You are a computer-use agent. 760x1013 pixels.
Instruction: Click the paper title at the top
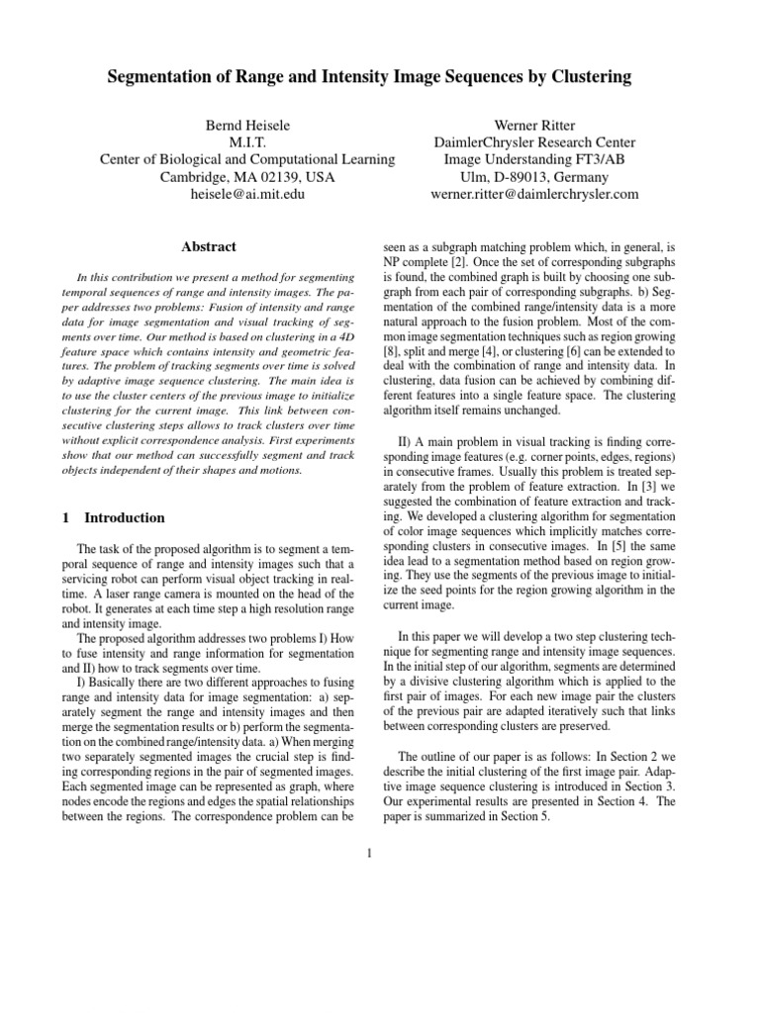point(379,77)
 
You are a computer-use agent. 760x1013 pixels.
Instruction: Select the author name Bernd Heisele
point(247,126)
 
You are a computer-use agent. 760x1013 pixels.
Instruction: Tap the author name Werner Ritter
point(534,126)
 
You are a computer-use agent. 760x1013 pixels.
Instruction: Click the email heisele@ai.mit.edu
point(247,194)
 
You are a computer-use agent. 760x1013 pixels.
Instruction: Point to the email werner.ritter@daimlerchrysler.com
point(534,194)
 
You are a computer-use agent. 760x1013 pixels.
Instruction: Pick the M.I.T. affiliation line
point(247,142)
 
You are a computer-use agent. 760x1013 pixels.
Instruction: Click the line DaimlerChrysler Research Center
point(534,142)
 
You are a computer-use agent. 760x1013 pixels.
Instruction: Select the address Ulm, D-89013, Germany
point(534,177)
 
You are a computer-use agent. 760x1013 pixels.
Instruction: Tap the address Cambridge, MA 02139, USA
point(247,177)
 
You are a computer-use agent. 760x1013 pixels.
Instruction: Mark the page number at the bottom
point(368,855)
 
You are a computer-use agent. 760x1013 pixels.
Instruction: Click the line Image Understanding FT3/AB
point(534,159)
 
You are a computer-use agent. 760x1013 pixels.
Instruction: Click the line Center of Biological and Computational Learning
point(247,159)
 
